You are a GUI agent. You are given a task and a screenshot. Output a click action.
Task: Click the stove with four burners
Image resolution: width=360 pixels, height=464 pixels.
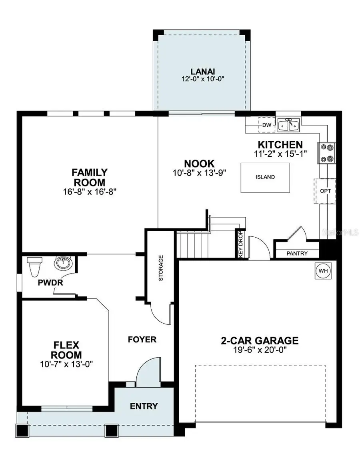coord(325,153)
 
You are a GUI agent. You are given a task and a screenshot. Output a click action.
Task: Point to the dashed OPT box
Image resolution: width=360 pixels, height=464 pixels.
coord(325,191)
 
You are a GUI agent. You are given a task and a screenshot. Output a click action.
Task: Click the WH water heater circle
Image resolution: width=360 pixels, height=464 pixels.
coord(323,271)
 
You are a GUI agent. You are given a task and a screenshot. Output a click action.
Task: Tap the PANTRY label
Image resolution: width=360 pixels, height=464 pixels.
coord(297,253)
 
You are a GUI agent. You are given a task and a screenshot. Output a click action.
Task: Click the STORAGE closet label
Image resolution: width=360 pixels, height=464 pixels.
coord(161,268)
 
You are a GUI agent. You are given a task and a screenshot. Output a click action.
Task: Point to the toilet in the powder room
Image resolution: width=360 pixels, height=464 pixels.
coord(34,265)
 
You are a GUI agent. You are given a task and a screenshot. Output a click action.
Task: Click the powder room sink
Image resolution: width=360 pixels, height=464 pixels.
coord(62,263)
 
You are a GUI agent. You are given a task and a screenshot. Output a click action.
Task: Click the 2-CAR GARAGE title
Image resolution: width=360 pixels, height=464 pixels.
coord(260,340)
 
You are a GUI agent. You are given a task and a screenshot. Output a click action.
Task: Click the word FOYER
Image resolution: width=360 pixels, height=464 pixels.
coord(142,340)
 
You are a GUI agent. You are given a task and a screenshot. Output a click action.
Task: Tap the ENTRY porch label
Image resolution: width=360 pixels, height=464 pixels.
coord(144,406)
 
